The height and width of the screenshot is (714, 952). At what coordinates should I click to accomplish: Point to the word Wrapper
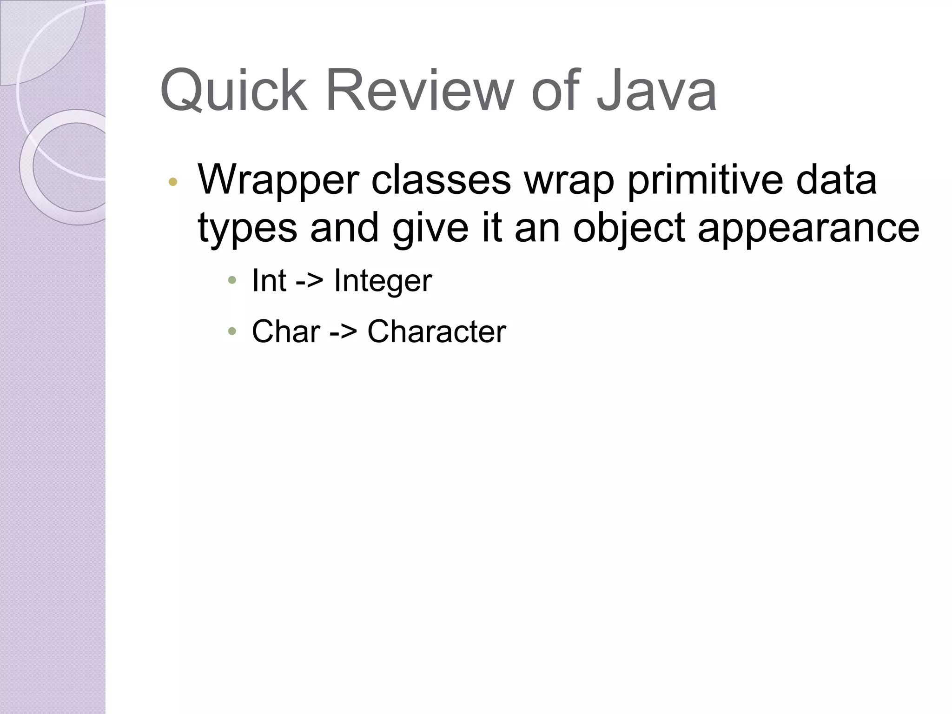click(x=278, y=180)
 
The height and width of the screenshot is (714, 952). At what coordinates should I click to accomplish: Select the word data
click(x=836, y=180)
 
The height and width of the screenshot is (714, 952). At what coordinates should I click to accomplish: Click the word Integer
click(x=383, y=281)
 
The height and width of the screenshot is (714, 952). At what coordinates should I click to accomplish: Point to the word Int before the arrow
click(x=269, y=280)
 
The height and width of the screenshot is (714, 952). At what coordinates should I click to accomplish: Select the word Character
click(x=436, y=332)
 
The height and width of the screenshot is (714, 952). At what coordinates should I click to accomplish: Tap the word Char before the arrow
click(x=286, y=332)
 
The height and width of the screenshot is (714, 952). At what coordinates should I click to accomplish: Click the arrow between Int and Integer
click(x=309, y=281)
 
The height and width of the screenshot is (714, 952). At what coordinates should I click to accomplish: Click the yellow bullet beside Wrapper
click(x=173, y=182)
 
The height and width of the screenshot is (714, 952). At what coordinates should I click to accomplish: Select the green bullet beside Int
click(x=232, y=280)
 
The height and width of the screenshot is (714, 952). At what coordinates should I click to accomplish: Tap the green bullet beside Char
click(x=232, y=331)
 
